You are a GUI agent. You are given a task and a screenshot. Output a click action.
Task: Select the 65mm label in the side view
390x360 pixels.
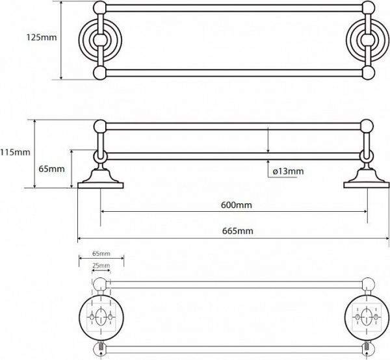51,169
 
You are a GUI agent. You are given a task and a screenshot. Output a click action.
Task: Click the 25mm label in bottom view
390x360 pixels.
100,266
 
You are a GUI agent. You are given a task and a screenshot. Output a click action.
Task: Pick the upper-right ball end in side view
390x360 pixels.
368,126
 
